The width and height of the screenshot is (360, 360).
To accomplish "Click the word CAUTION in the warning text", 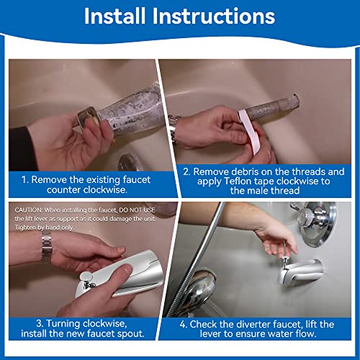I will point(27,208).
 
